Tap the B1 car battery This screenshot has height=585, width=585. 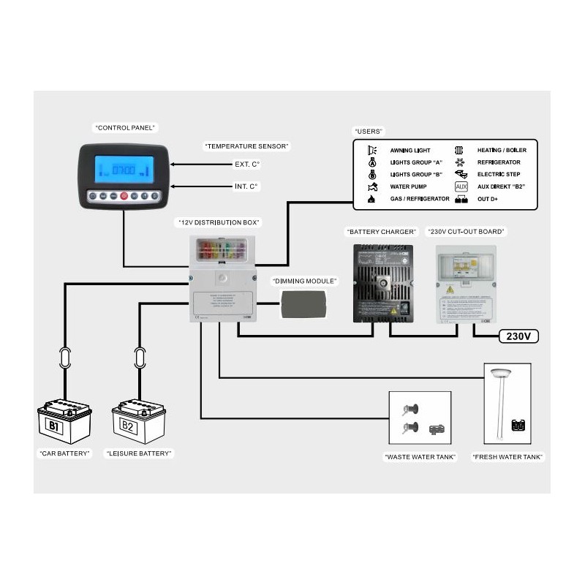[x=64, y=422]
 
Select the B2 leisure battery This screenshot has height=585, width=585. [x=138, y=422]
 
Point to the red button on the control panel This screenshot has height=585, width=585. [x=124, y=196]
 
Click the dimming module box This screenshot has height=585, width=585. [x=305, y=303]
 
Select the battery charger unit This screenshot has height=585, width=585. [x=382, y=283]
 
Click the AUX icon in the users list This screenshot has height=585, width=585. [x=461, y=186]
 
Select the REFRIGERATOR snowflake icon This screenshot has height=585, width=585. [x=460, y=162]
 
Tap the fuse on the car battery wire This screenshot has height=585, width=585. [x=64, y=358]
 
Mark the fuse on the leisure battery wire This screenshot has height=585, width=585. [x=138, y=358]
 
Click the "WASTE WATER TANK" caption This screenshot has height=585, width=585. [x=420, y=457]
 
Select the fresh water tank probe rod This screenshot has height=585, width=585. [x=502, y=410]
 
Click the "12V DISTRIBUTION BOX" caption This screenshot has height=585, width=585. [x=219, y=222]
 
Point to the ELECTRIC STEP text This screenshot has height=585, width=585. [x=499, y=174]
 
